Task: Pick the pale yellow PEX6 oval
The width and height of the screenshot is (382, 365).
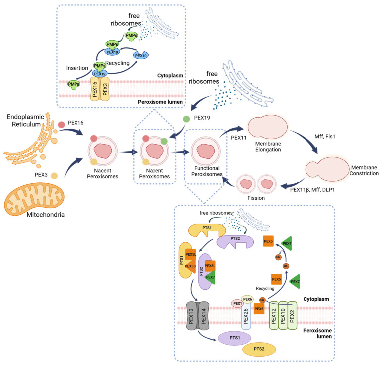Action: (x=248, y=298)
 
